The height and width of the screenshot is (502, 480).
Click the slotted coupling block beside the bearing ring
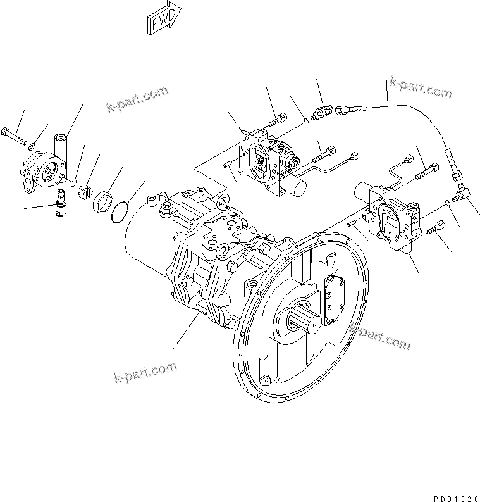(x=84, y=192)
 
